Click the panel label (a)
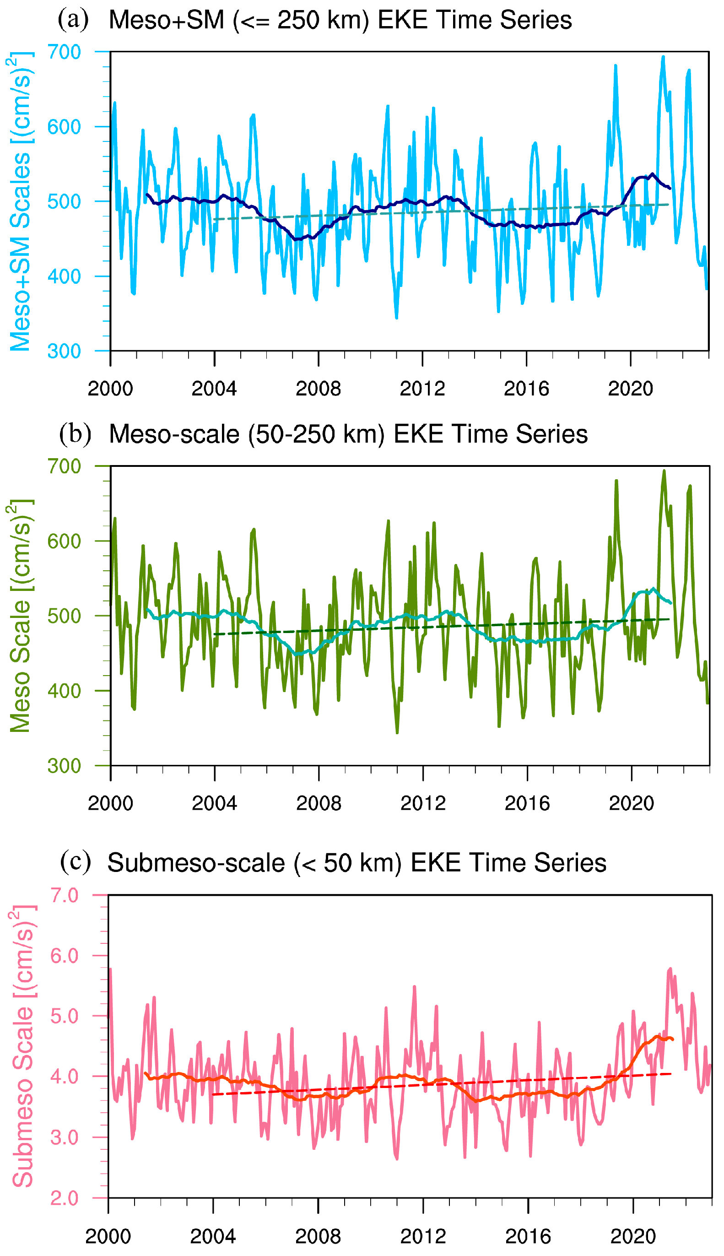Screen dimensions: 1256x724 (73, 20)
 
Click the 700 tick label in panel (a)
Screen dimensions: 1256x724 (64, 52)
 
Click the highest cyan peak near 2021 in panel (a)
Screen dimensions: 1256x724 (663, 57)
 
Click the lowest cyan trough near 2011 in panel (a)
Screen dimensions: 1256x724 (396, 317)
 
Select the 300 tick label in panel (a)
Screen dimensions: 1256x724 (64, 351)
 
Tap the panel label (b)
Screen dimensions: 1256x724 (75, 433)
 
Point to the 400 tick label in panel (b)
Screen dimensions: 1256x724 (64, 691)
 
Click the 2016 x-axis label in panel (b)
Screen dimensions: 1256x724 (527, 803)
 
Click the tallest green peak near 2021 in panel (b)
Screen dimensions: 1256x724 (664, 471)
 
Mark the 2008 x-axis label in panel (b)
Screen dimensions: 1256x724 (319, 803)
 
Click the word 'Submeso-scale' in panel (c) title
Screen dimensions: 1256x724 (196, 863)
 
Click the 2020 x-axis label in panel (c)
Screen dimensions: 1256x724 (632, 1236)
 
